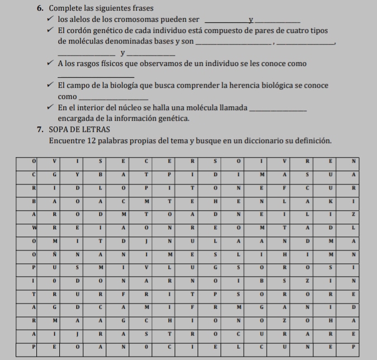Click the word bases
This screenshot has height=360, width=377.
tap(167, 41)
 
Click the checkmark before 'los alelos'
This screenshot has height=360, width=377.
tap(51, 20)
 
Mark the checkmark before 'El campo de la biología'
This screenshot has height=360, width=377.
tap(51, 86)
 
